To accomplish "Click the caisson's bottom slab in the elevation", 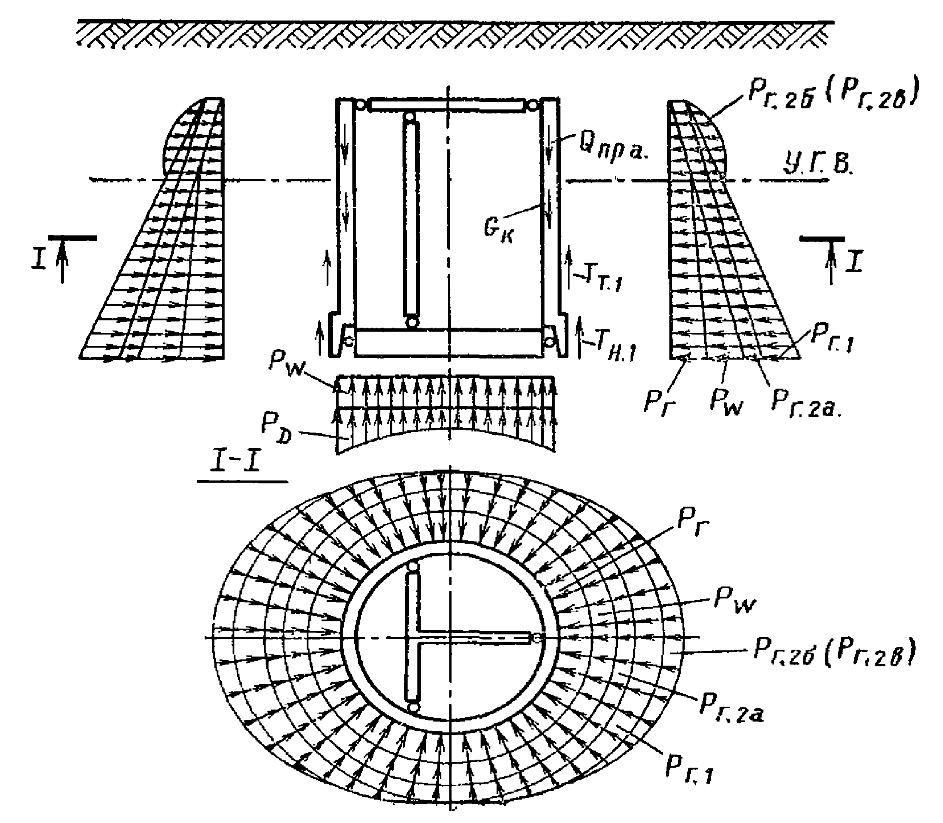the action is click(448, 343).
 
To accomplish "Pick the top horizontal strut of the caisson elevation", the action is click(447, 105).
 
